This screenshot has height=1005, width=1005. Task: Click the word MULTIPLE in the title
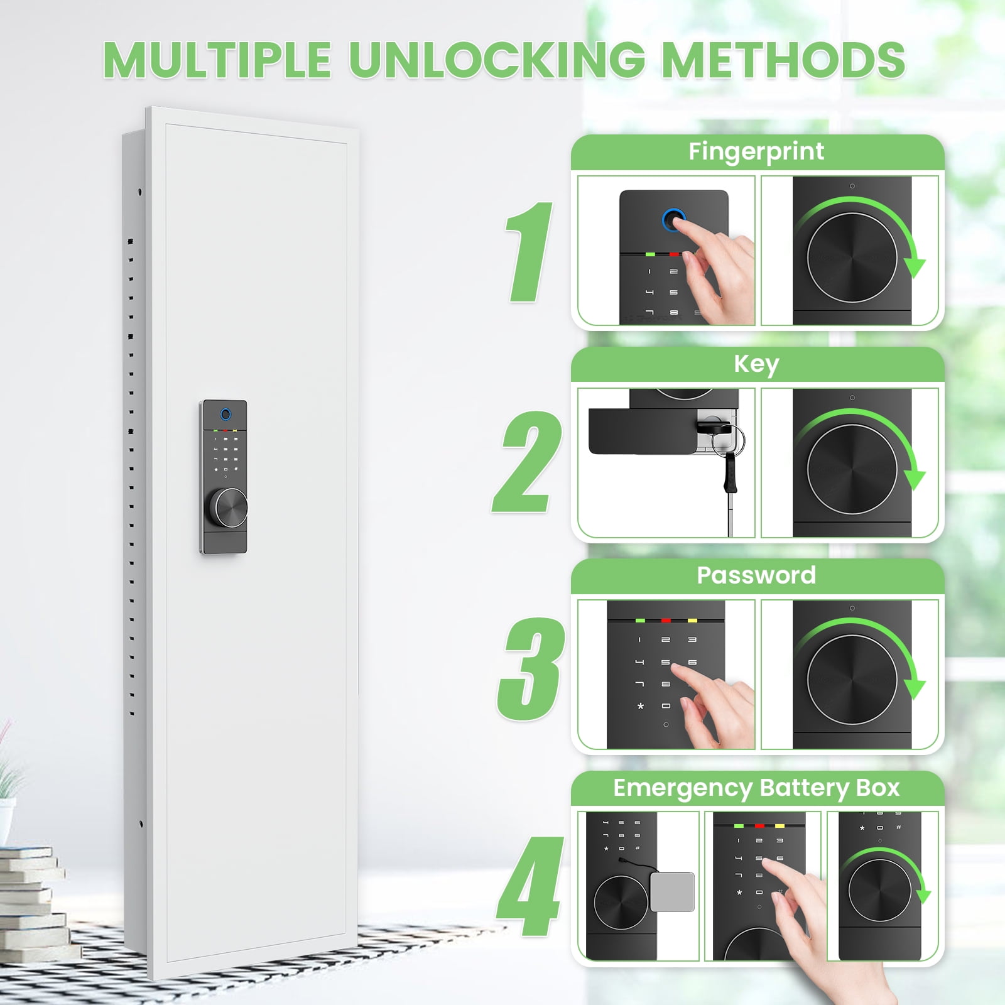click(217, 60)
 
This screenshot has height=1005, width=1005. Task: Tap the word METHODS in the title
click(783, 60)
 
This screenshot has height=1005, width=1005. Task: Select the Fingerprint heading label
click(756, 152)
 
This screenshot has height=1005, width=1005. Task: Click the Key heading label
click(756, 364)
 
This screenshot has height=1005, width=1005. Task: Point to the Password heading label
click(756, 575)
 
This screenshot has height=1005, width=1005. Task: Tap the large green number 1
click(529, 252)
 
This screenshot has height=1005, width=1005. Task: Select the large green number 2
click(526, 462)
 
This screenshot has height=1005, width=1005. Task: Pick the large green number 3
click(531, 668)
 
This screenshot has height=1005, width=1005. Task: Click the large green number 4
click(529, 886)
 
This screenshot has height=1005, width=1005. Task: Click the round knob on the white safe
click(228, 508)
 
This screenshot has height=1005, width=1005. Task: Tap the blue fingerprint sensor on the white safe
click(225, 415)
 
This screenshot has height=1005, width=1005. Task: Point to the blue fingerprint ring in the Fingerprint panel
click(674, 220)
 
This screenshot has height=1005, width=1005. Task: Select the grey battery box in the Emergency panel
click(673, 892)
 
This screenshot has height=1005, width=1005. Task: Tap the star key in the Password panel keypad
click(641, 706)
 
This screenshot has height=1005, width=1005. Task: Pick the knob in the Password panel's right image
click(852, 680)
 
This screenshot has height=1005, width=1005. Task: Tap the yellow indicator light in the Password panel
click(692, 621)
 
